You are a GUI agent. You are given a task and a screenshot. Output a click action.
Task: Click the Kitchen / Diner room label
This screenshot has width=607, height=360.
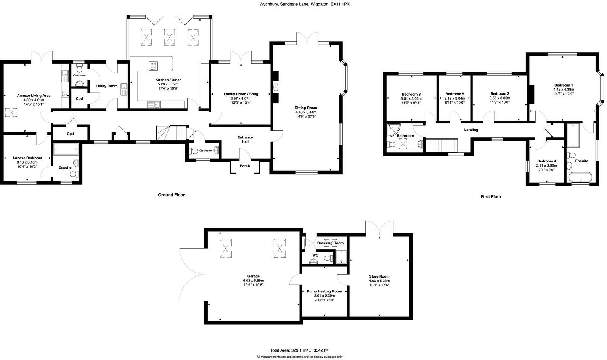[x=168, y=80]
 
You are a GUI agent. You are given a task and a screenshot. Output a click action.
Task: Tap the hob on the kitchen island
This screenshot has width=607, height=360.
[x=153, y=66]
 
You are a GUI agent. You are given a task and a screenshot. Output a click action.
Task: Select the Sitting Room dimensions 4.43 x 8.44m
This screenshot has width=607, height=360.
[x=306, y=112]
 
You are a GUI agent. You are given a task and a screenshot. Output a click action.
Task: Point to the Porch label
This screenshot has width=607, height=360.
[x=245, y=166]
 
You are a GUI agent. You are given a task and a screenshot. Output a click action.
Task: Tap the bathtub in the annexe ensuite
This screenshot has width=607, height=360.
[x=66, y=149]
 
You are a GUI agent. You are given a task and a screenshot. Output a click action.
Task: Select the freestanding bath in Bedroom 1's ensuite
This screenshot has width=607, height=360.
[x=580, y=178]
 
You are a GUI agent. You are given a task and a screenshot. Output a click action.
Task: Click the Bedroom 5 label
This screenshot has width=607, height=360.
[x=455, y=94]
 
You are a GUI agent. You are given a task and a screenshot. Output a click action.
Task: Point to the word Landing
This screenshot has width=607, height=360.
[x=471, y=130]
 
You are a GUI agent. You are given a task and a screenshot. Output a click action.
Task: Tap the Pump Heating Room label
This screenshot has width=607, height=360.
[x=324, y=291]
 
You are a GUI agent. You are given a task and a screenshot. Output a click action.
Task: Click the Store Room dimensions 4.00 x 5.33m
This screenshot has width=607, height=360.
[x=379, y=281]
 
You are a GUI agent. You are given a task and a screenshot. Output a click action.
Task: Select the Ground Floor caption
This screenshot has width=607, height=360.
[x=171, y=195]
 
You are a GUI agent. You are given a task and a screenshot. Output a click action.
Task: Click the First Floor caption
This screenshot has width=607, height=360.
[x=491, y=196]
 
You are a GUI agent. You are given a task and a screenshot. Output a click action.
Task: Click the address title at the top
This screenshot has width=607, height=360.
[x=304, y=4]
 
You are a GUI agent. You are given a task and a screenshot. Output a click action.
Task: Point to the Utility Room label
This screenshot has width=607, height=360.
[x=107, y=86]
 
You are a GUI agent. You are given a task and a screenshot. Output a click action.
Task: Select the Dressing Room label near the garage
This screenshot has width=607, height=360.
[x=330, y=243]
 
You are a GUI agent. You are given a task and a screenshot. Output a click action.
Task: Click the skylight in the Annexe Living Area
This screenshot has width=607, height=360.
[x=11, y=112]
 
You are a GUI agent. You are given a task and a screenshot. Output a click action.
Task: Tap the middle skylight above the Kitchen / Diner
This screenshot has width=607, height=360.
[x=170, y=37]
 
